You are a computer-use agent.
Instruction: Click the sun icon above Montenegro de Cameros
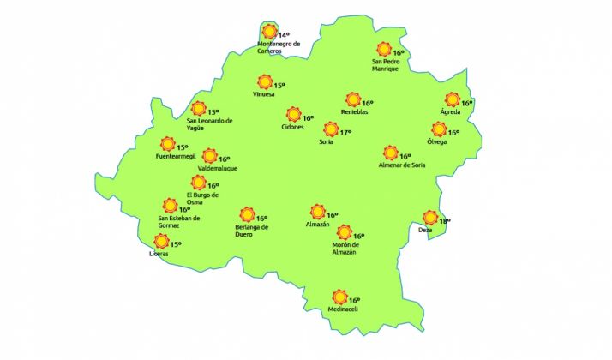(269, 32)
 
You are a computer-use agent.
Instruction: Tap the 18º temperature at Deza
(444, 221)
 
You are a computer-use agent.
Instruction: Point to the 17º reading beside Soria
(345, 133)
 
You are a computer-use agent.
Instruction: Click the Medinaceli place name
(341, 309)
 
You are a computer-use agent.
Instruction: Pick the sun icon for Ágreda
(453, 100)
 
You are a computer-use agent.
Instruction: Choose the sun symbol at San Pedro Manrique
(383, 50)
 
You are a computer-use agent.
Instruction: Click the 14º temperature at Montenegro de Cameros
(285, 35)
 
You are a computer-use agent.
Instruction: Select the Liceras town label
(159, 254)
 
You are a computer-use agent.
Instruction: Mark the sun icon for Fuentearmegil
(168, 146)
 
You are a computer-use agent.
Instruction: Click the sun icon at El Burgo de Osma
(198, 183)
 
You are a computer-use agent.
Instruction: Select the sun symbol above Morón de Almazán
(345, 232)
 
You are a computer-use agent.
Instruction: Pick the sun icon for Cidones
(293, 115)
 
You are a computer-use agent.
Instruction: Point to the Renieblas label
(354, 111)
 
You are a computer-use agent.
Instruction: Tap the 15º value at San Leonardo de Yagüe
(213, 111)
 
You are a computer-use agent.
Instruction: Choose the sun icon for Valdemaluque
(209, 156)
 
